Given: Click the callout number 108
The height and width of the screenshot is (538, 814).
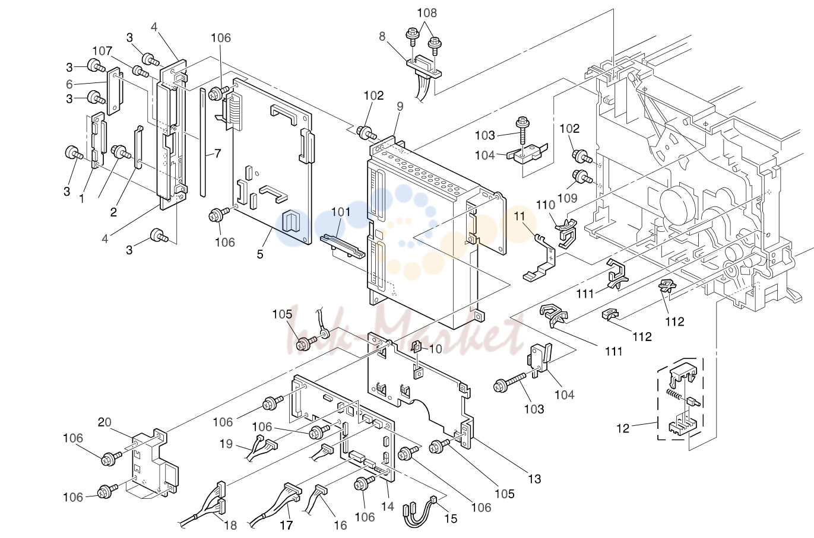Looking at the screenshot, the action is pyautogui.click(x=427, y=13).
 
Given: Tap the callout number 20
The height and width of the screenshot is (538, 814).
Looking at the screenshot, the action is pyautogui.click(x=104, y=422).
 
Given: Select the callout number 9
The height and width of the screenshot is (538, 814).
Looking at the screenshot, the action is pyautogui.click(x=400, y=106).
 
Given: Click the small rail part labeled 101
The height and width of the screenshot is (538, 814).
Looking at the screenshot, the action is pyautogui.click(x=343, y=247).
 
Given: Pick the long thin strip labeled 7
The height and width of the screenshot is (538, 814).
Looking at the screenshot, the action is pyautogui.click(x=203, y=142).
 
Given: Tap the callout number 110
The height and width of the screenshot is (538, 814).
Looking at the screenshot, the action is pyautogui.click(x=545, y=205).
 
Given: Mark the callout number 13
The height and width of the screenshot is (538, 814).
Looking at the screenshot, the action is pyautogui.click(x=534, y=479).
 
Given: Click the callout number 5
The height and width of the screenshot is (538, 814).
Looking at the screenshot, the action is pyautogui.click(x=260, y=254).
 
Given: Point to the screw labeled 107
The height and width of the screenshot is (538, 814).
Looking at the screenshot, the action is pyautogui.click(x=140, y=71).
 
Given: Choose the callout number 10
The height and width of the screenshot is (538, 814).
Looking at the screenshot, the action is pyautogui.click(x=435, y=349).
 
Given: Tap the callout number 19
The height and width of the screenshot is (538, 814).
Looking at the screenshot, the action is pyautogui.click(x=226, y=444).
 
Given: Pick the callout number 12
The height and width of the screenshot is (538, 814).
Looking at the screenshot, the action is pyautogui.click(x=622, y=428).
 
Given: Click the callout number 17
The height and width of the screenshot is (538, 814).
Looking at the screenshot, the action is pyautogui.click(x=286, y=526).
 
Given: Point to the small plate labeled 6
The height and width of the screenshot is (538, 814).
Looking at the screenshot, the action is pyautogui.click(x=115, y=91).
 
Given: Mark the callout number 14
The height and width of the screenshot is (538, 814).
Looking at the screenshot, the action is pyautogui.click(x=388, y=507).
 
